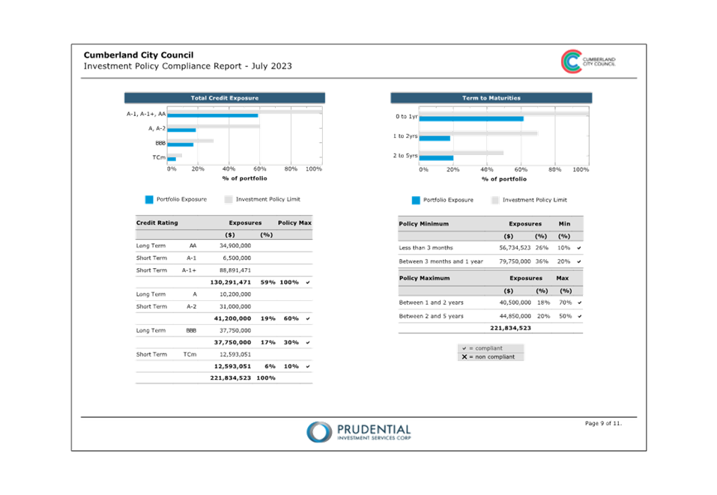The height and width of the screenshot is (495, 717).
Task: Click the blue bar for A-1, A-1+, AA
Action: click(x=213, y=115)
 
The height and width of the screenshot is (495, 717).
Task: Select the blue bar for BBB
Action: click(x=180, y=145)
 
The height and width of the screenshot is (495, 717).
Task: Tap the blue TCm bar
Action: click(x=172, y=159)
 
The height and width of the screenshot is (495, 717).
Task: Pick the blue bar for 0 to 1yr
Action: click(x=471, y=119)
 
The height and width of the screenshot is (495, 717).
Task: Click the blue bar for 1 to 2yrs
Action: click(x=435, y=139)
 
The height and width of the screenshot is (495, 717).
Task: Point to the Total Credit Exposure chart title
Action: click(x=225, y=98)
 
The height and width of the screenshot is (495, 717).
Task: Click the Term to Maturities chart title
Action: click(x=491, y=98)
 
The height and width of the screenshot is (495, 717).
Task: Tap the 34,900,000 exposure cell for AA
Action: click(x=235, y=246)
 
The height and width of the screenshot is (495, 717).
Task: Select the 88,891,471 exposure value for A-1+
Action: click(x=235, y=270)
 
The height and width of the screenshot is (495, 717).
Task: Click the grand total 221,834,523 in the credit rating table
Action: click(x=231, y=378)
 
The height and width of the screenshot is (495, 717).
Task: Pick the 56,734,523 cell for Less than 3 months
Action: click(x=515, y=248)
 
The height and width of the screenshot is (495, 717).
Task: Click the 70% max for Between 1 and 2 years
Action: click(x=565, y=303)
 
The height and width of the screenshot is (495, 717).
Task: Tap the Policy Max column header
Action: click(x=294, y=223)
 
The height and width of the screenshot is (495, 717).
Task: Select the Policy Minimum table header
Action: click(x=423, y=224)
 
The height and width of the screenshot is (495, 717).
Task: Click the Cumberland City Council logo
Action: click(x=588, y=61)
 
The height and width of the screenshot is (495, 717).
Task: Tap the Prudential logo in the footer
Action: click(x=359, y=432)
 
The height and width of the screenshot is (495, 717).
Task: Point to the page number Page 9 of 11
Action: click(x=603, y=423)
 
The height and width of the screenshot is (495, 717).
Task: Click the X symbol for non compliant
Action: click(x=464, y=357)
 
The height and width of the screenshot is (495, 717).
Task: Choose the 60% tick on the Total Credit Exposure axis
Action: click(x=260, y=169)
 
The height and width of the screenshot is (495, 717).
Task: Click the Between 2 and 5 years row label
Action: click(x=431, y=316)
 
